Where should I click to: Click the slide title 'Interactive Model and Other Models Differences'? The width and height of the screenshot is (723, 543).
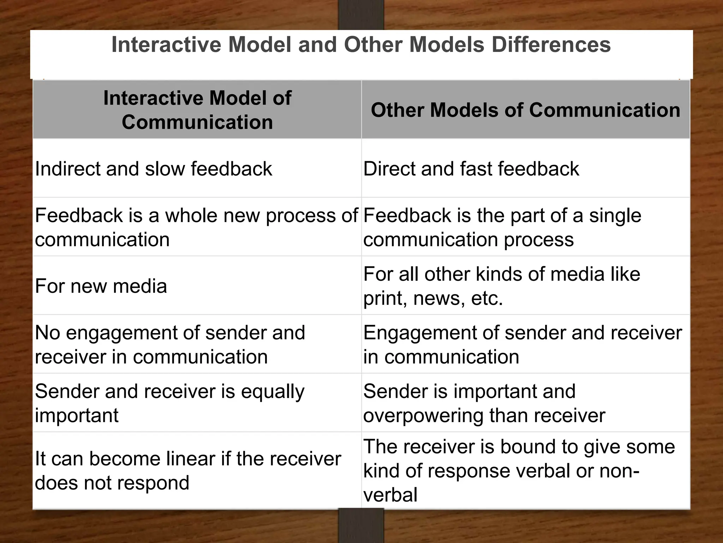point(361,45)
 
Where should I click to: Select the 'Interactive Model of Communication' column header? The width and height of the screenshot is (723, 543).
point(197,110)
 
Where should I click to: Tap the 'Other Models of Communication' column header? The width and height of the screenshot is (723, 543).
point(525,110)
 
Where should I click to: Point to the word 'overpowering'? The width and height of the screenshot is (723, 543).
point(423,415)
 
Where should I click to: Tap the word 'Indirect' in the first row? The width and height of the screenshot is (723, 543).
point(67,169)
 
